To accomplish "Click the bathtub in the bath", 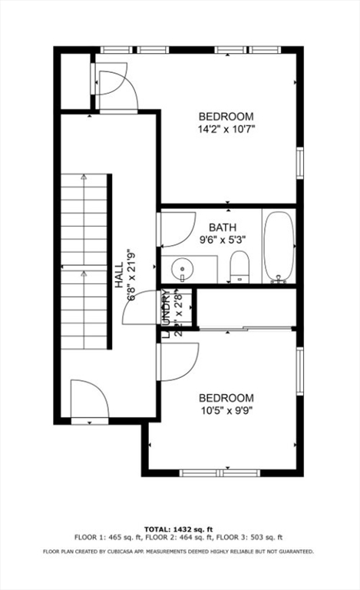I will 278,246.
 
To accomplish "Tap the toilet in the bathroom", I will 239,265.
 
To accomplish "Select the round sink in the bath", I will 182,270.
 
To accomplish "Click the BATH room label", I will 223,227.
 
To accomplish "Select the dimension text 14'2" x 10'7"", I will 226,129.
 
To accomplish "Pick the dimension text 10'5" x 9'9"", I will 226,411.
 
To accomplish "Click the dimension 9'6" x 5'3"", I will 223,240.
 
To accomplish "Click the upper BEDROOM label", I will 226,117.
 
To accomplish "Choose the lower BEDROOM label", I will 226,398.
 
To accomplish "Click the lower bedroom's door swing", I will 178,360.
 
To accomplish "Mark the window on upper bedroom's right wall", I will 299,162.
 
